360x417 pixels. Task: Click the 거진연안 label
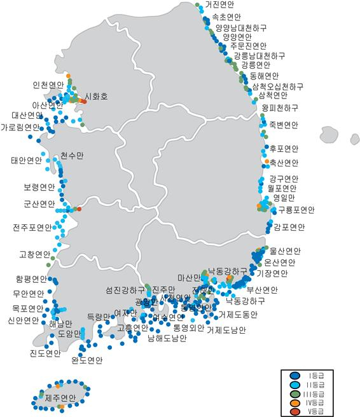[x=220, y=5]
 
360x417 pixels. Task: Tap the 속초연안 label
[x=226, y=17]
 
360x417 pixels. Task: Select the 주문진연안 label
[x=249, y=46]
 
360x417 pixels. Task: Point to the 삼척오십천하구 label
[x=277, y=86]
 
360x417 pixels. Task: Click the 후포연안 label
[x=284, y=149]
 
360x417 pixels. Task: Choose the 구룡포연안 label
[x=296, y=210]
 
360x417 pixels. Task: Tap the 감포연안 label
[x=289, y=226]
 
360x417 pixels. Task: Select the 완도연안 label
[x=87, y=360]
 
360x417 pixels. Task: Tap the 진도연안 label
[x=45, y=353]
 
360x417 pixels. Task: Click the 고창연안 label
[x=35, y=254]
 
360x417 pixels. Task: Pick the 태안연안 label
[x=26, y=160]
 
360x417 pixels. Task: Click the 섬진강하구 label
[x=125, y=290]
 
